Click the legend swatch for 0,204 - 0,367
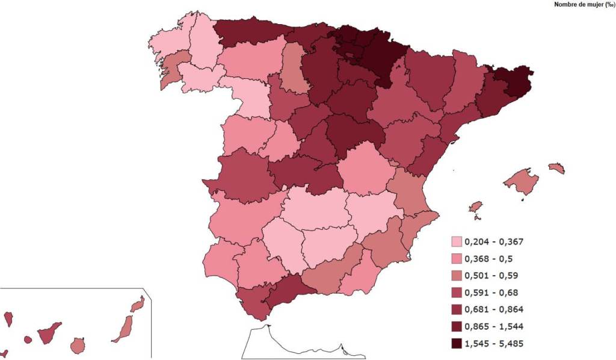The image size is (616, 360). tap(457, 242)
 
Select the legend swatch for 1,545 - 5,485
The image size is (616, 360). tap(457, 344)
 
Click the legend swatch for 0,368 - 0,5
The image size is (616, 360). tap(457, 259)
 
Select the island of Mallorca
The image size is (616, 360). tap(521, 181)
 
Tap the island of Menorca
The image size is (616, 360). tap(556, 168)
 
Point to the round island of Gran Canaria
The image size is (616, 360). tap(78, 346)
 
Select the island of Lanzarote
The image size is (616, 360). tap(138, 304)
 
